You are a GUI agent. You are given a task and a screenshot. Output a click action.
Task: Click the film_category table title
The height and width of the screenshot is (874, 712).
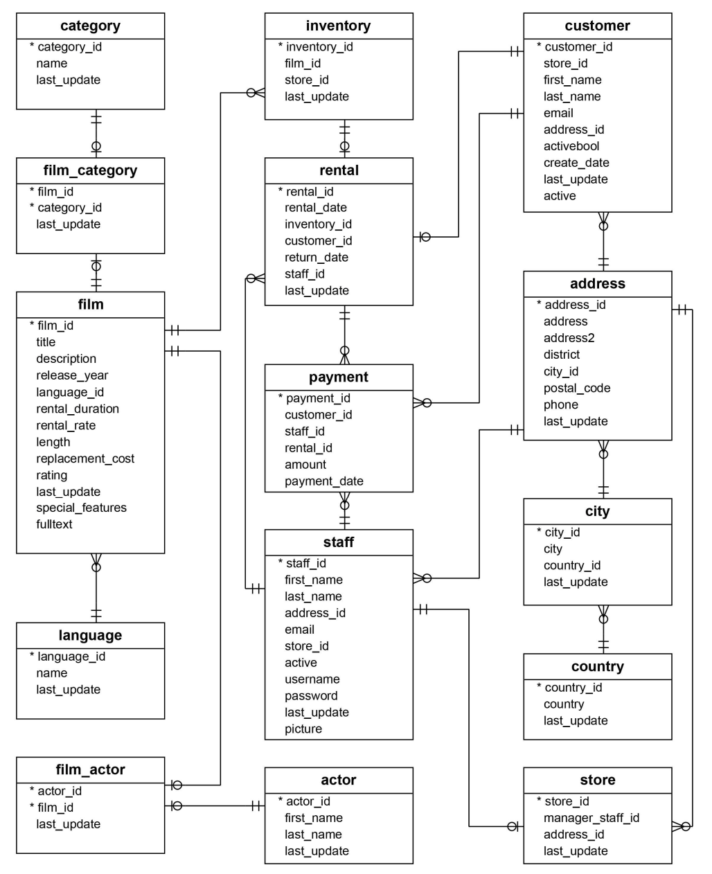pos(90,170)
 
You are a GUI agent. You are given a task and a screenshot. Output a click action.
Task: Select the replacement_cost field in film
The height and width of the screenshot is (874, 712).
pos(85,458)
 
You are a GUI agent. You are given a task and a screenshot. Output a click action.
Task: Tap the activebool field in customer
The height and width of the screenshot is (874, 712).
pos(571,146)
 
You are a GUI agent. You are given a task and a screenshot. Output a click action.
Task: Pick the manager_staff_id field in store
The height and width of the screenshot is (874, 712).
pos(591,818)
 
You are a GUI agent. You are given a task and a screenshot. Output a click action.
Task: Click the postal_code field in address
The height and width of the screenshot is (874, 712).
pos(577,388)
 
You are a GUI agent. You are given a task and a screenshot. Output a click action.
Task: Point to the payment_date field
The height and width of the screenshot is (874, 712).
pos(324,481)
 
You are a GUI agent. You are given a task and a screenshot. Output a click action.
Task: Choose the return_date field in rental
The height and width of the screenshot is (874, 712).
pos(317,257)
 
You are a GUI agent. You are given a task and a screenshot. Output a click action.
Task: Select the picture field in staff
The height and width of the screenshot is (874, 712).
pos(303,729)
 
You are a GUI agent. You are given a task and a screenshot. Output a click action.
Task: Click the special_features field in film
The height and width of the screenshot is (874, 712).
pos(81,508)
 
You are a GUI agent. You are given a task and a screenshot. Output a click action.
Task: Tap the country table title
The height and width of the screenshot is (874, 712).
pos(598,666)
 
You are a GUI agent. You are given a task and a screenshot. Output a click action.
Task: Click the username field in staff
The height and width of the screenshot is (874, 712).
pos(312,679)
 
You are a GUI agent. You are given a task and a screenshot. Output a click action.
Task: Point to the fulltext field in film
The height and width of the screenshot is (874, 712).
pos(54,524)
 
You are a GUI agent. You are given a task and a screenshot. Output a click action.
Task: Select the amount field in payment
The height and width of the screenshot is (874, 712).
pos(305,465)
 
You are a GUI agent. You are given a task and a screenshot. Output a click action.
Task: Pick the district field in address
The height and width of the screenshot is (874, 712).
pos(562,355)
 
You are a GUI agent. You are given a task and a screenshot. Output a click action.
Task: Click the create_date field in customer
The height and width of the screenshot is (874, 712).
pos(576,163)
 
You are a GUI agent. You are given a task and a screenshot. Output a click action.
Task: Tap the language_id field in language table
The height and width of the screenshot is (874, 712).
pos(71,657)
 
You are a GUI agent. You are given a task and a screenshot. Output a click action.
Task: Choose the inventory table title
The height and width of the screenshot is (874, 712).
pos(338,26)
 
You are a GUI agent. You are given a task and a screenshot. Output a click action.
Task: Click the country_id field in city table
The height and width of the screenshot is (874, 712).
pos(571,565)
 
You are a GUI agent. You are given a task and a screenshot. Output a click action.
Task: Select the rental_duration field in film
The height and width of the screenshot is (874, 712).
pos(78,409)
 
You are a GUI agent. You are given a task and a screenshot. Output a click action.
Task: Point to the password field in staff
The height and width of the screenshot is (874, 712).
pos(311,696)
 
